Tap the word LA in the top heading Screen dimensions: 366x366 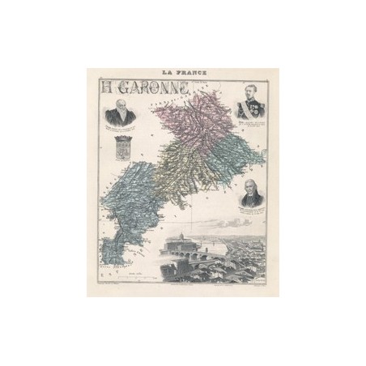click(x=168, y=74)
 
